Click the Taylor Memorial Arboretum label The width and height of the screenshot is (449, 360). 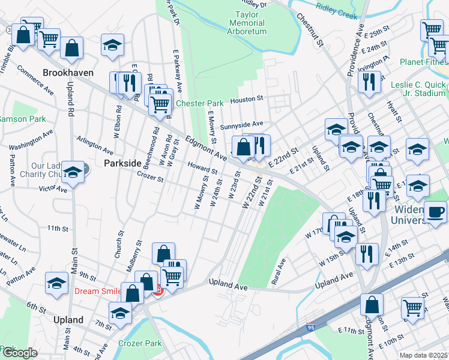[246, 22]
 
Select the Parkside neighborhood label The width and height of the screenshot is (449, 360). [122, 163]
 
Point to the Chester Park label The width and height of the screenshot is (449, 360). [199, 104]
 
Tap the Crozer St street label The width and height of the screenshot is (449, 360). [150, 178]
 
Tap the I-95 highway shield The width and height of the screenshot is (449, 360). [310, 328]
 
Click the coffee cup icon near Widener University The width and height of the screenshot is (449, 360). [435, 212]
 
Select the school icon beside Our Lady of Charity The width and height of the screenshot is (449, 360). [73, 173]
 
